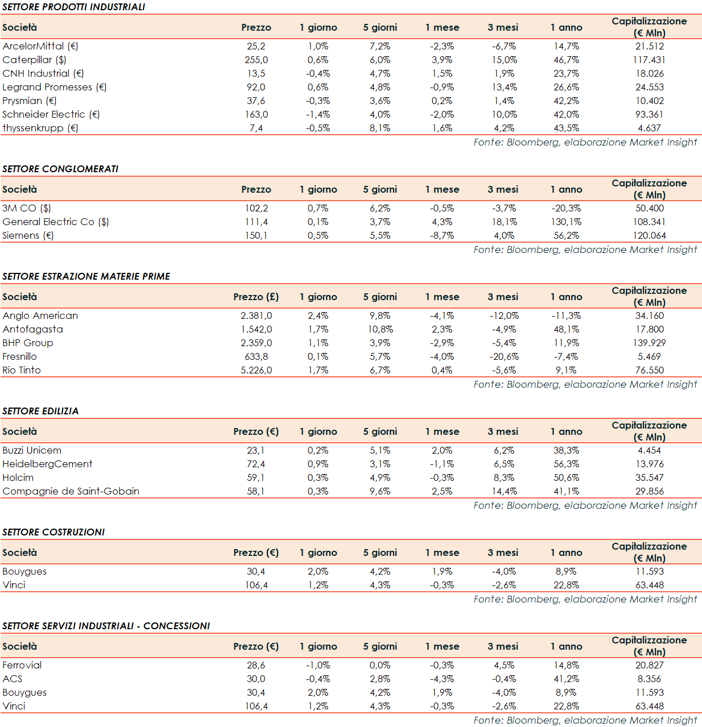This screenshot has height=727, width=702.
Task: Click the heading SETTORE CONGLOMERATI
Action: click(x=60, y=169)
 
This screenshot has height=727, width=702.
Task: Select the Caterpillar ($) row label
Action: click(x=34, y=60)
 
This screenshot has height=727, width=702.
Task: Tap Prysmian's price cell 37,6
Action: click(x=256, y=101)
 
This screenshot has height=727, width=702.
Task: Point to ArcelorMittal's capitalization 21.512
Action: click(x=649, y=46)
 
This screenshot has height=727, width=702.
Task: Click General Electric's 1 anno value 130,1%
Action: click(x=566, y=222)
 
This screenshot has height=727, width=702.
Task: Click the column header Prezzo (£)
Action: click(x=256, y=297)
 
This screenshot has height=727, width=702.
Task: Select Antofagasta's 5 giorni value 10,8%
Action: click(x=380, y=329)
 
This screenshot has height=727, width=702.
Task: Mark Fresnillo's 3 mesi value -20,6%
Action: click(x=504, y=356)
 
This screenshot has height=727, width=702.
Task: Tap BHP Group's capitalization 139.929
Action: click(x=649, y=343)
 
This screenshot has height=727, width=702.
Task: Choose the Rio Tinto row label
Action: click(x=22, y=370)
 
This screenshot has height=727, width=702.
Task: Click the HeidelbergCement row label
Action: click(x=47, y=464)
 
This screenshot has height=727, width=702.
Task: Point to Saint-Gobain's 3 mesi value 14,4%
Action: click(x=504, y=491)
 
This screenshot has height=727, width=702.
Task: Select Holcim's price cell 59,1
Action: click(x=256, y=477)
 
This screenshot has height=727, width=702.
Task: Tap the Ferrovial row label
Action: click(x=22, y=665)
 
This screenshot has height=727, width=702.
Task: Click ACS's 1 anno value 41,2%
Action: click(x=566, y=679)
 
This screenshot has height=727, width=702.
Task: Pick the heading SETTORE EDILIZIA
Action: click(x=40, y=411)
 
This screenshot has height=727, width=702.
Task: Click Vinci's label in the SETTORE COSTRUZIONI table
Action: click(x=14, y=585)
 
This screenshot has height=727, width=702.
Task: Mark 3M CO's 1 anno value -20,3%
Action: click(x=566, y=208)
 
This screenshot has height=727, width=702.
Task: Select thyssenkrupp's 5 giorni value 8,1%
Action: click(x=380, y=128)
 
